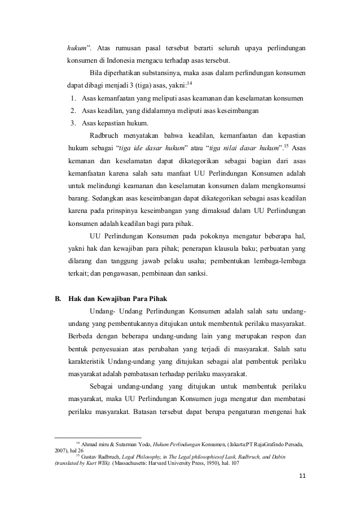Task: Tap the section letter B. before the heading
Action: tap(58, 298)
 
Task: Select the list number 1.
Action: tap(74, 99)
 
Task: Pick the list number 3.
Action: tap(74, 123)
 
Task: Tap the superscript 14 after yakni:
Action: tap(190, 84)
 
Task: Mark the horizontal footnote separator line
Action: tap(98, 437)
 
